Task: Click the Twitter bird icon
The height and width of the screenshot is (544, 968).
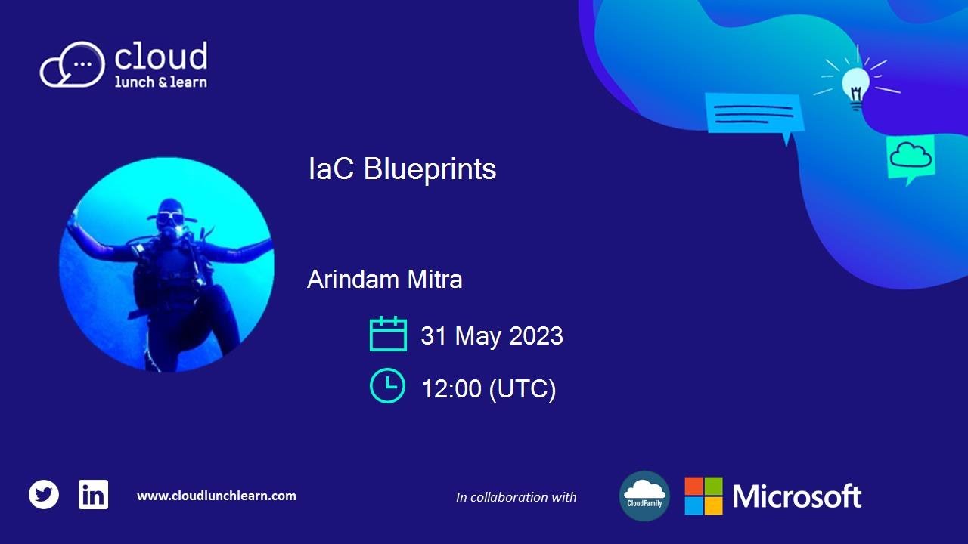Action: click(44, 495)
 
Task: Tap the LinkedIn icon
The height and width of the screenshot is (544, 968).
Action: click(93, 495)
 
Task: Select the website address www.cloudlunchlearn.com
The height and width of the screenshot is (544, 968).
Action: click(216, 496)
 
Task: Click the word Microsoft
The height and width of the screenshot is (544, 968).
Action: click(796, 496)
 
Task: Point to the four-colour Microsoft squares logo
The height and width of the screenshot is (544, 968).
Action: click(703, 496)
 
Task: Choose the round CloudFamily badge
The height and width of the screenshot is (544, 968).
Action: click(644, 496)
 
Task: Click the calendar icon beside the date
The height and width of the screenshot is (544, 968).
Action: click(388, 334)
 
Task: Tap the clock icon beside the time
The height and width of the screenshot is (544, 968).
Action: click(387, 385)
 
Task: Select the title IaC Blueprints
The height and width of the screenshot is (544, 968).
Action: click(402, 169)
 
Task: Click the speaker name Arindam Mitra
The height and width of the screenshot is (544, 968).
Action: click(384, 280)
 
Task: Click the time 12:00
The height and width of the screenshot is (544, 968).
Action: click(451, 389)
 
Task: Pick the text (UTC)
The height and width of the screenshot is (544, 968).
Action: click(523, 389)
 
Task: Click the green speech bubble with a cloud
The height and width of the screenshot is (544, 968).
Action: click(911, 158)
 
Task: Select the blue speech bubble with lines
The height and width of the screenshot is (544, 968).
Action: click(752, 114)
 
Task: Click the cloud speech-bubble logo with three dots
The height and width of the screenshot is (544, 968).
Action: click(72, 65)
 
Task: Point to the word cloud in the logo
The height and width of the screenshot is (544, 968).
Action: click(160, 57)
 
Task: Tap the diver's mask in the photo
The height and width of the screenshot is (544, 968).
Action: click(169, 218)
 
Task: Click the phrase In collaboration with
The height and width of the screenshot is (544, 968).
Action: click(516, 497)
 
